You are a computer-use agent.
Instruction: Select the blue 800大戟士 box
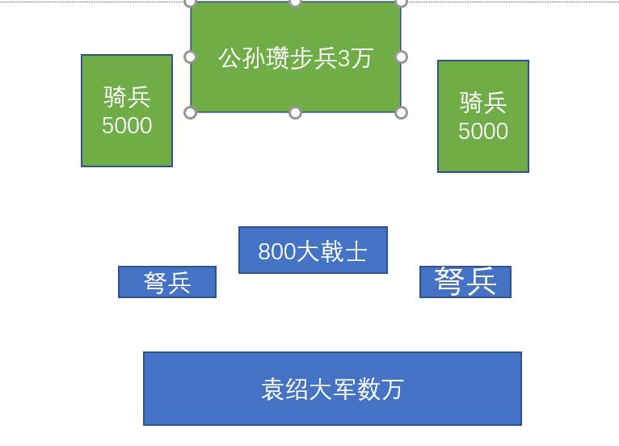point(313,250)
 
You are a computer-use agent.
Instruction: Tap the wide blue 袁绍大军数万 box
point(332,389)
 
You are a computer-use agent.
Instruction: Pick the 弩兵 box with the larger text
point(465,281)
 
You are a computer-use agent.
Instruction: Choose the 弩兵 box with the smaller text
point(167,282)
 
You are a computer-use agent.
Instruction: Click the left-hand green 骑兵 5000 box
point(127,111)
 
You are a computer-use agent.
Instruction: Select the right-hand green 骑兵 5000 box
point(483,116)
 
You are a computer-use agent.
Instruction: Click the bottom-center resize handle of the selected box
point(296,112)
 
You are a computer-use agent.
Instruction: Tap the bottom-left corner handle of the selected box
point(191,112)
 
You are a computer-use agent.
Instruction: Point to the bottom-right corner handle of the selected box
point(401,112)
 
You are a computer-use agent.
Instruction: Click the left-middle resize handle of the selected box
point(191,57)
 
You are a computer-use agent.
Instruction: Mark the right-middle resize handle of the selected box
point(401,57)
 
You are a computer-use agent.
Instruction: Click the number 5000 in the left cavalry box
point(127,126)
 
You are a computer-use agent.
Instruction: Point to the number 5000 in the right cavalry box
point(483,132)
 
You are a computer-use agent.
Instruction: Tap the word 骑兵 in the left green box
point(127,97)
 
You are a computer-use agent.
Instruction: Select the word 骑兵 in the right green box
point(483,103)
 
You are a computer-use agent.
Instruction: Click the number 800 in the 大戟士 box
point(276,252)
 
